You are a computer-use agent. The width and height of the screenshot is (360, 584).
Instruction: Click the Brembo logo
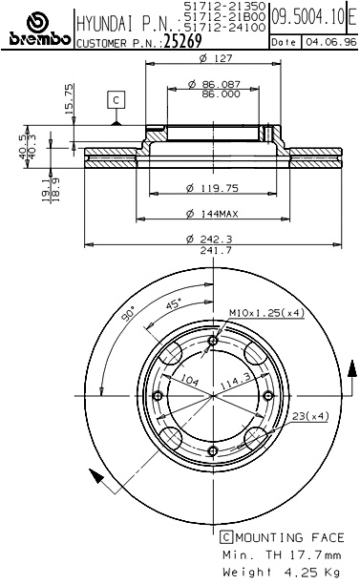(x=36, y=29)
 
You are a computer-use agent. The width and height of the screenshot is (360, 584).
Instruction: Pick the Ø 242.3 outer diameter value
(x=210, y=239)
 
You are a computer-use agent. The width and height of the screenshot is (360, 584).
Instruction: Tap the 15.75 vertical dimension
(x=70, y=99)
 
